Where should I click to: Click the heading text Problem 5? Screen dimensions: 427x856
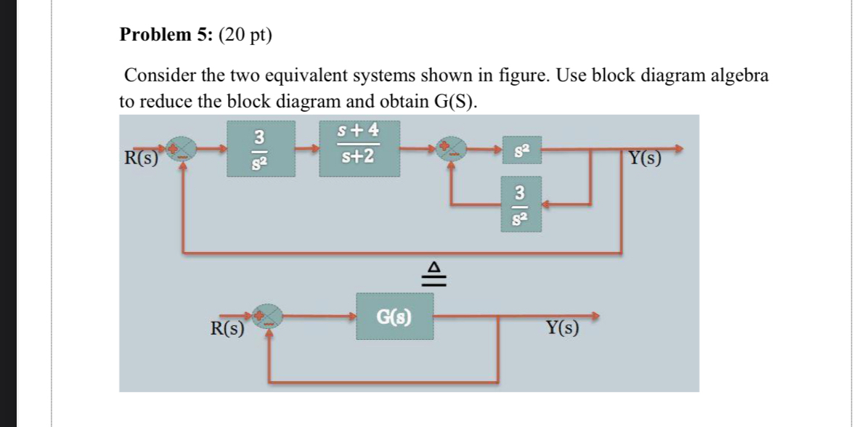[x=164, y=36]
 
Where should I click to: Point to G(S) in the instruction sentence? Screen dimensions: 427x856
[x=455, y=101]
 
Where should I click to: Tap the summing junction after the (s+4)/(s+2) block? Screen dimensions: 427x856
[x=454, y=149]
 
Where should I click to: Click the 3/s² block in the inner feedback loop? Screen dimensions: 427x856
[x=520, y=204]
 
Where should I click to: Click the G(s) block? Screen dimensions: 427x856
[x=394, y=317]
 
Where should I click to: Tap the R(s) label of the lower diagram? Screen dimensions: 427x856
[x=227, y=328]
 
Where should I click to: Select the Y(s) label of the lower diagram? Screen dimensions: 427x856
[x=562, y=328]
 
